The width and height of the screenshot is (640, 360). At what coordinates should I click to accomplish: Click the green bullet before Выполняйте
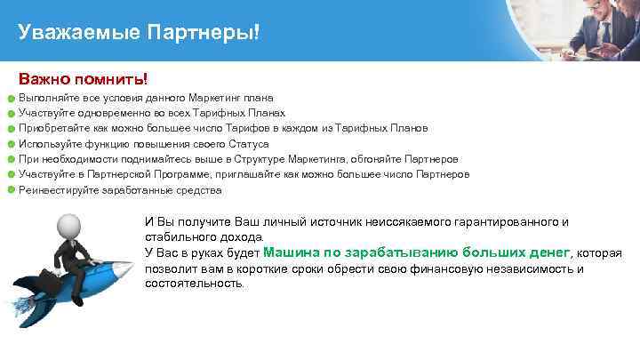(x=11, y=99)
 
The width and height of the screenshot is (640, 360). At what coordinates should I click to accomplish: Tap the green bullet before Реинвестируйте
(x=11, y=190)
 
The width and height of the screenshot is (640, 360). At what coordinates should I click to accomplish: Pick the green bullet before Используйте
(x=11, y=144)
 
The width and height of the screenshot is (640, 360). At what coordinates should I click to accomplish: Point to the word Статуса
(x=250, y=144)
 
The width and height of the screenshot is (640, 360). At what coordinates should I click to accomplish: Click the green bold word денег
(x=545, y=252)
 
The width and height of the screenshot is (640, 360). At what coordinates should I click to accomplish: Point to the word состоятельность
(x=194, y=284)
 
